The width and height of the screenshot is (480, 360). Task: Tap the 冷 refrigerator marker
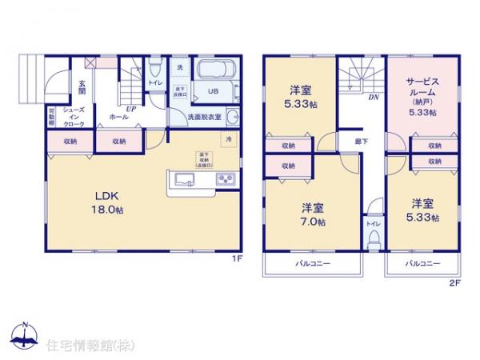click(x=229, y=140)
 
